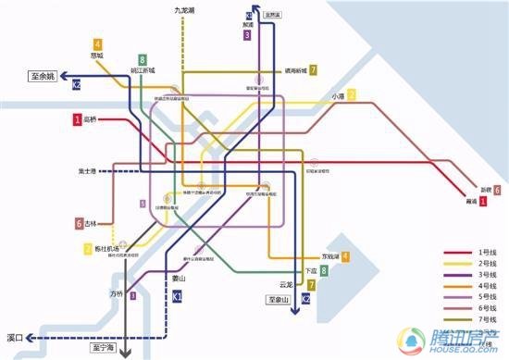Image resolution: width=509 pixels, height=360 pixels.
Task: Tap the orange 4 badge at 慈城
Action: (x=98, y=43)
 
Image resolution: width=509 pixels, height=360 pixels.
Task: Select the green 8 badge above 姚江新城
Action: (x=143, y=59)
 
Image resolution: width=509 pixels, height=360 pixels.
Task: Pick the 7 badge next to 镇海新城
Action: (x=314, y=70)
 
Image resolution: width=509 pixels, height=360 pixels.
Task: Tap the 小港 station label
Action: (x=338, y=96)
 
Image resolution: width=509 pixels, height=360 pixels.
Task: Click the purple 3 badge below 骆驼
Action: (x=247, y=35)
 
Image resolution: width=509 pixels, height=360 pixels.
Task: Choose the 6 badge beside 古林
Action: (x=80, y=223)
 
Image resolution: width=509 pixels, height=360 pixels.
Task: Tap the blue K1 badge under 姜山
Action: (x=178, y=295)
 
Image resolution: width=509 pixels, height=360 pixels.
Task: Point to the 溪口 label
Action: (x=14, y=338)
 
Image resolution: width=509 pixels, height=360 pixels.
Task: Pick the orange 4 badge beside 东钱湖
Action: (x=345, y=256)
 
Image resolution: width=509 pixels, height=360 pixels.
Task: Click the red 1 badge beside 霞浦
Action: (x=483, y=201)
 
